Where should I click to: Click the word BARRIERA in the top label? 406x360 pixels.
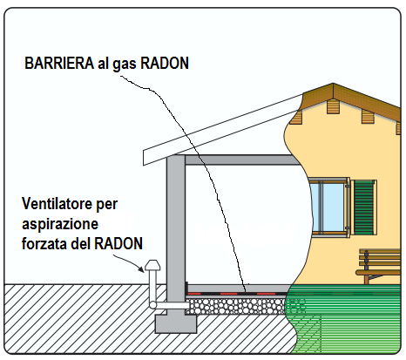[x=59, y=63]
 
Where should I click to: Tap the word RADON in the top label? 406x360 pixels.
[x=165, y=63]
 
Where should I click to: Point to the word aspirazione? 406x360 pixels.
[x=60, y=225]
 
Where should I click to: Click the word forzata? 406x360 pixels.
[x=44, y=243]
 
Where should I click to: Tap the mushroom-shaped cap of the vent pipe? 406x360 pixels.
[x=152, y=265]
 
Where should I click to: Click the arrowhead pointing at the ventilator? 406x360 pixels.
[x=141, y=269]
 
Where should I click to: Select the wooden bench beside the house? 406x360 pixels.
[x=378, y=266]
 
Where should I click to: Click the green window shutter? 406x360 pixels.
[x=364, y=207]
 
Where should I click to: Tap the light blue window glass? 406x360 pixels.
[x=328, y=206]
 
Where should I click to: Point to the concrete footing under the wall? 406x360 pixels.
[x=176, y=323]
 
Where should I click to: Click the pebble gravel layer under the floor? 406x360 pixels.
[x=235, y=306]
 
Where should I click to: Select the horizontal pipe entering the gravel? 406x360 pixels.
[x=172, y=305]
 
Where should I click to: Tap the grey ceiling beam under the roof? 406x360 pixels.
[x=242, y=160]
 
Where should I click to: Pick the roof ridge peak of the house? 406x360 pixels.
[x=333, y=84]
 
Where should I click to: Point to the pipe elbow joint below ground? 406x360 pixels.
[x=152, y=305]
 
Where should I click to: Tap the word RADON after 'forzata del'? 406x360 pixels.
[x=118, y=243]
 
